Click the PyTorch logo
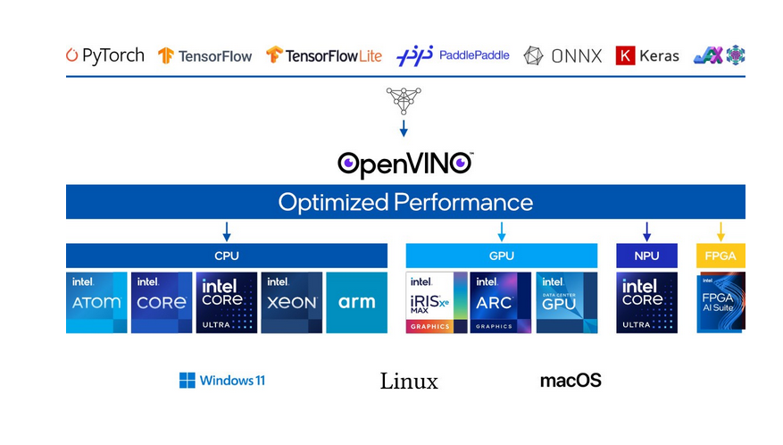pos(104,55)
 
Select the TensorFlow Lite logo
pos(323,55)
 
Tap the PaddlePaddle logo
pos(453,55)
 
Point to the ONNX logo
pos(562,55)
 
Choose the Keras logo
pos(647,55)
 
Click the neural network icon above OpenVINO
pos(404,100)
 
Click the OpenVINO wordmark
pos(404,164)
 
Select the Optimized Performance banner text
pos(405,202)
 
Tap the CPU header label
pos(227,256)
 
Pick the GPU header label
pos(502,256)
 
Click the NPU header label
pos(646,256)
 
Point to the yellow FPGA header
pos(721,256)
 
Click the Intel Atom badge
pos(96,303)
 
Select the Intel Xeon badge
pos(291,303)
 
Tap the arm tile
pos(357,303)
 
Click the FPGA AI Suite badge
pos(721,303)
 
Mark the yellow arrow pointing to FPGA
pos(721,232)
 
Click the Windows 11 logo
pos(222,381)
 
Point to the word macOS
pos(571,381)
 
